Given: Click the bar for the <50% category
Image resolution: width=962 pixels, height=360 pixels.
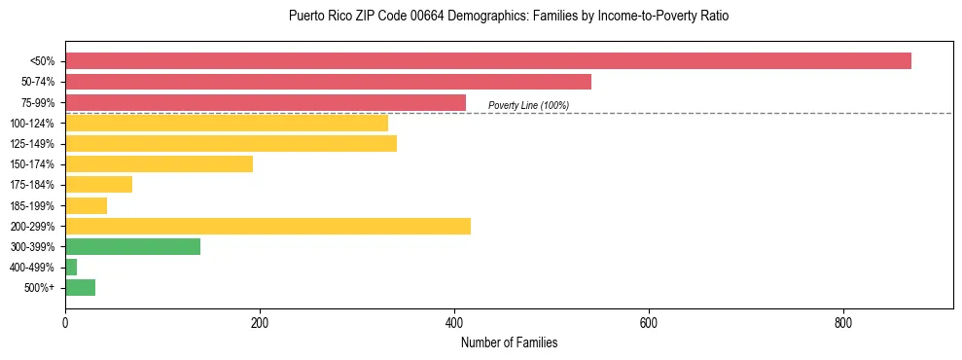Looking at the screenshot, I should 487,61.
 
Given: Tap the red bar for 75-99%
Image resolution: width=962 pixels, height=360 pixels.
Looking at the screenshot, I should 265,102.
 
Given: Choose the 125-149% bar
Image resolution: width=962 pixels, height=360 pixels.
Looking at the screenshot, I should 231,144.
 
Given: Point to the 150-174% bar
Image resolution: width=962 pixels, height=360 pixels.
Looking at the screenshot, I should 159,164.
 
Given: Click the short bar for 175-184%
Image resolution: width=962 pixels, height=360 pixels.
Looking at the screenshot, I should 98,185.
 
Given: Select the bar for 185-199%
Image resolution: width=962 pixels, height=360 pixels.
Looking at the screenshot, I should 86,205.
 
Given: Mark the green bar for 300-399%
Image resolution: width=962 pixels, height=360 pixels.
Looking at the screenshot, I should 132,246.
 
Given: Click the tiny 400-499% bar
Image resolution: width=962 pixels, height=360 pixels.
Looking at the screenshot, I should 71,267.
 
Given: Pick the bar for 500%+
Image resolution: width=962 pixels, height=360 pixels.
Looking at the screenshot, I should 80,287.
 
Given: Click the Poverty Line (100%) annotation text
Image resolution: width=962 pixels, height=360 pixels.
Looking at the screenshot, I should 528,105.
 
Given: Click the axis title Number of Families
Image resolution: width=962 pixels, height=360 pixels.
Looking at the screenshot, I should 509,342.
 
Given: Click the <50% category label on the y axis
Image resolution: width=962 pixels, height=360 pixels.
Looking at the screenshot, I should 43,61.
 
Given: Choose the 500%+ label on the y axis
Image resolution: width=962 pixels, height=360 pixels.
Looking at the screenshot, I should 40,288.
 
